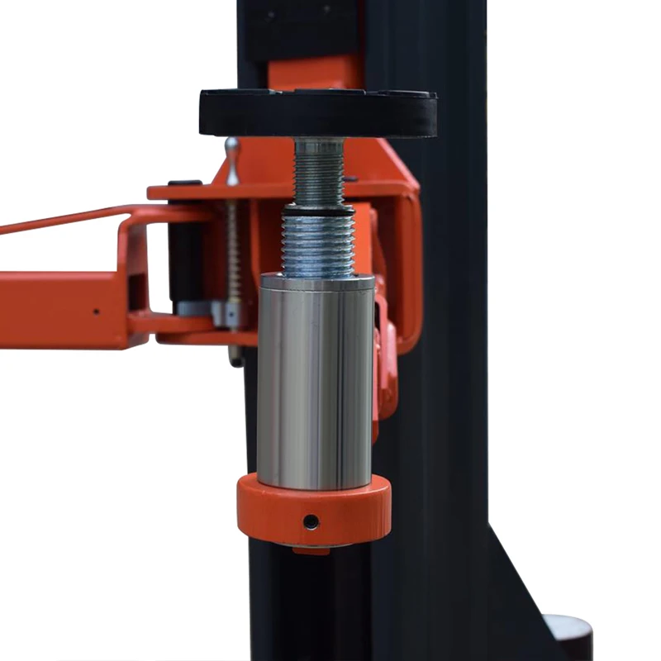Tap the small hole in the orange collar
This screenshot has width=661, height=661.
(x=311, y=521)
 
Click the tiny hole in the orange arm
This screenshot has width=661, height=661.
(x=96, y=312)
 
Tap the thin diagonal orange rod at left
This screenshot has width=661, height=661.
(x=58, y=220)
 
